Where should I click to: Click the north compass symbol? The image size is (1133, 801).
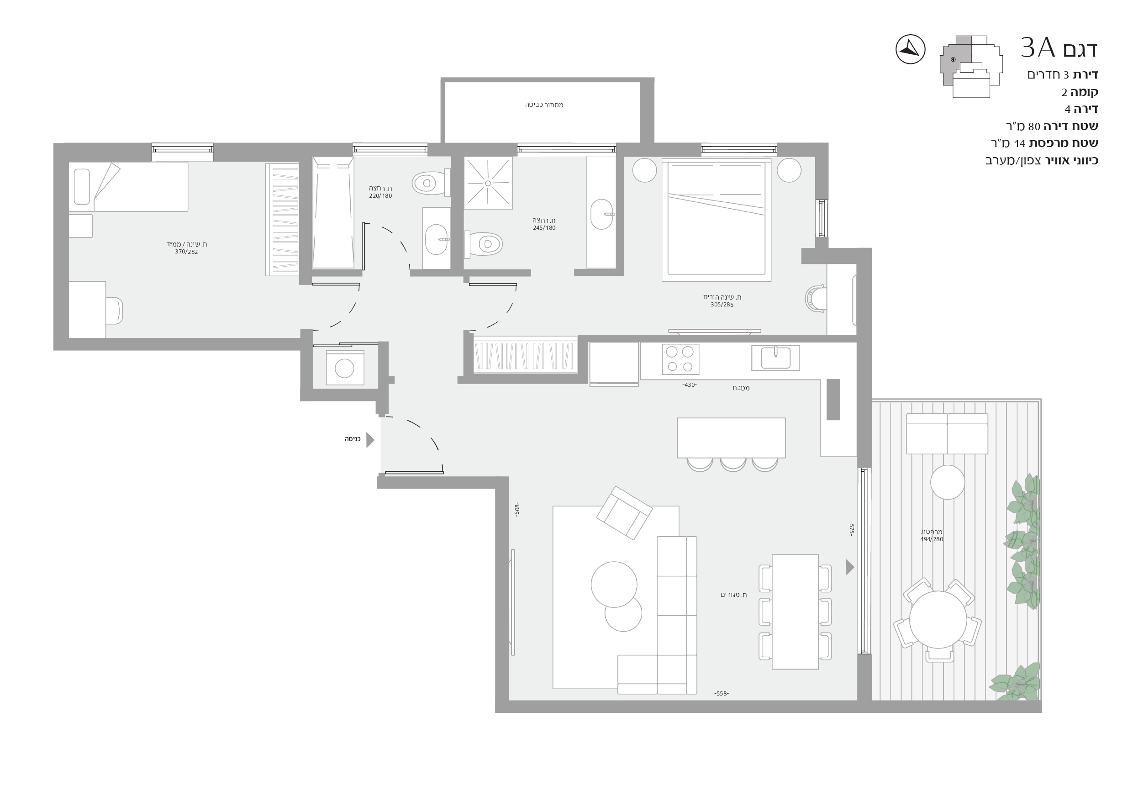point(910,49)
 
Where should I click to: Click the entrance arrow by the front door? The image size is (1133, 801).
point(370,440)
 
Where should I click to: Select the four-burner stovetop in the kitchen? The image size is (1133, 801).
point(680,359)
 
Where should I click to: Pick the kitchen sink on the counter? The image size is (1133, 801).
point(775,358)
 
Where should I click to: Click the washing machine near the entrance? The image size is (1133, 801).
point(345,368)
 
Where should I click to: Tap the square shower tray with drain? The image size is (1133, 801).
point(488,183)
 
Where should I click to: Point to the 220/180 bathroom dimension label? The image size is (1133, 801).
point(380,196)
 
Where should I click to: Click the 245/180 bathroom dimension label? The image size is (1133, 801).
point(544,228)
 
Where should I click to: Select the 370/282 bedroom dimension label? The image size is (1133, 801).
point(186,252)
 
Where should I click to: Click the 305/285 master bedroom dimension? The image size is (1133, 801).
point(722,305)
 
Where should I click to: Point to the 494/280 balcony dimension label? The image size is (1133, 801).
point(932,539)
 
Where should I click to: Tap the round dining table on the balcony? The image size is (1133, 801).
point(938,619)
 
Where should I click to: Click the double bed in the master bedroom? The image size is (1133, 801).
point(717,220)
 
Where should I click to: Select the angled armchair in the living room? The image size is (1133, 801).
point(624,513)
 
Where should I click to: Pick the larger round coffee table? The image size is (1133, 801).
point(614,585)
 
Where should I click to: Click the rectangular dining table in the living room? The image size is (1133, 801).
point(795,611)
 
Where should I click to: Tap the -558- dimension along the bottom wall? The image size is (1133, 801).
point(722,693)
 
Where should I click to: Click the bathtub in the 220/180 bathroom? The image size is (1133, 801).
point(333,213)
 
